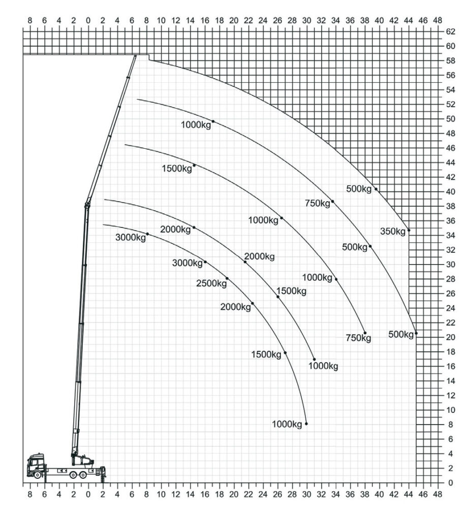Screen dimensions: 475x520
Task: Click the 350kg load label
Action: tap(393, 232)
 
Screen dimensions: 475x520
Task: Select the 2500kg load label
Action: tap(211, 283)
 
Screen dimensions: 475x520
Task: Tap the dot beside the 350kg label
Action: tap(408, 230)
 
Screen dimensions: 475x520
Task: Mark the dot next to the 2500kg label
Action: tap(227, 278)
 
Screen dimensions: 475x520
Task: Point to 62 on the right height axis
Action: tap(451, 31)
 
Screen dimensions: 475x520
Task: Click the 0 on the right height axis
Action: tap(450, 483)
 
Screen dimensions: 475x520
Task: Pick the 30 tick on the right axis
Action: tap(451, 264)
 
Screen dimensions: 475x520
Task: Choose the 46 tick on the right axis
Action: tap(451, 148)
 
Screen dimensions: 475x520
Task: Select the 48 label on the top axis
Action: tap(437, 20)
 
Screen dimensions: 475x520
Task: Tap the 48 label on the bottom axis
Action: tap(437, 494)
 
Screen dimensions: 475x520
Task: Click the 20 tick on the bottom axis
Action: tap(234, 494)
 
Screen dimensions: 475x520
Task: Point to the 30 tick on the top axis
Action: tap(306, 20)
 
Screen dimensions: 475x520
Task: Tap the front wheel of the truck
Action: tap(38, 475)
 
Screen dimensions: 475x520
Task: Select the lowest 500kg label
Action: tap(401, 335)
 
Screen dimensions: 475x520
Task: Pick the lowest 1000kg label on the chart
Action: tap(287, 424)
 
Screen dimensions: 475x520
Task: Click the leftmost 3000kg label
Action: tap(131, 238)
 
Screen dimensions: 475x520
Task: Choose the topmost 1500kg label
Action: tap(177, 169)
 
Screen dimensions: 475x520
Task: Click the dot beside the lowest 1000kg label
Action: tap(306, 424)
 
